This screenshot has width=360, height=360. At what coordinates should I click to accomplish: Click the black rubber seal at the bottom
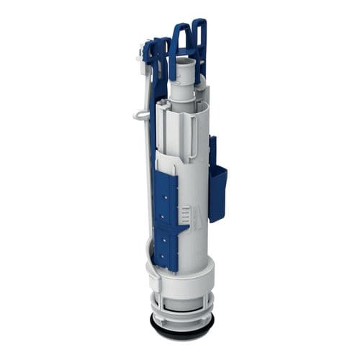(179, 333)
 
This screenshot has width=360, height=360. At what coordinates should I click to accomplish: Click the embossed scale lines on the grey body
(186, 214)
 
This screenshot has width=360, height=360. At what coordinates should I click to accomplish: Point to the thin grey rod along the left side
(147, 180)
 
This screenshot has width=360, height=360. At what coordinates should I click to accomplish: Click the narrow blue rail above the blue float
(212, 151)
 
